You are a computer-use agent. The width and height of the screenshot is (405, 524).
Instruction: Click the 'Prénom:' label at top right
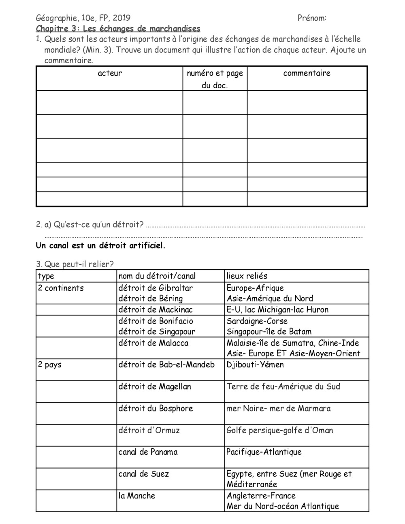tap(312, 18)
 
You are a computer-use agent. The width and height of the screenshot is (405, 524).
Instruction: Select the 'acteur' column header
tap(110, 73)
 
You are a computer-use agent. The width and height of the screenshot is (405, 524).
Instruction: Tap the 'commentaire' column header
tap(307, 73)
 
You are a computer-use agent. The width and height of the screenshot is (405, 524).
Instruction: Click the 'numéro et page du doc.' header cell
tap(215, 79)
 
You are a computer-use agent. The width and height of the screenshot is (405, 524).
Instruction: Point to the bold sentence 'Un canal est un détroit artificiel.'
tap(101, 246)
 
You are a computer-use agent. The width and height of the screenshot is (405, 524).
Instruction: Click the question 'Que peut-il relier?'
tap(79, 264)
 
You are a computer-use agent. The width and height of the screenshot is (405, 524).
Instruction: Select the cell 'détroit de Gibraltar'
tap(156, 288)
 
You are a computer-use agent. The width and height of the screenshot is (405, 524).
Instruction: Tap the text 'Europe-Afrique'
tap(255, 288)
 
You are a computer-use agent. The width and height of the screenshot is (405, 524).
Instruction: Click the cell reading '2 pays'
tap(50, 364)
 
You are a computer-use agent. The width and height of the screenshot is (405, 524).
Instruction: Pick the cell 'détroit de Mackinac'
tap(156, 310)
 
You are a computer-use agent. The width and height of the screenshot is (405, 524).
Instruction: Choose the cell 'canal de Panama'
tap(148, 452)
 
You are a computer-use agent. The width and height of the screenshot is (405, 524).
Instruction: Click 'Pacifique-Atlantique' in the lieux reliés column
tap(264, 452)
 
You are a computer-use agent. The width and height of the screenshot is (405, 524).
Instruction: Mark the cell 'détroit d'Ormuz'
tap(149, 430)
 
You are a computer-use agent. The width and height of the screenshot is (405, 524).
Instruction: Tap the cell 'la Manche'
tap(137, 496)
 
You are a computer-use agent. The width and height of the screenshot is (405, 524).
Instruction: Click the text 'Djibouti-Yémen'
tap(255, 364)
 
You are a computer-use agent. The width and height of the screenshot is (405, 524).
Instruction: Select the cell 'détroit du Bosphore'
tap(156, 408)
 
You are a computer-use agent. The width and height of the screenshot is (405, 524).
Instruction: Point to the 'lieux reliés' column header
tap(247, 276)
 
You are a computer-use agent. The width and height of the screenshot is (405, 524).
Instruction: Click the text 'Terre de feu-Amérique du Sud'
tap(283, 386)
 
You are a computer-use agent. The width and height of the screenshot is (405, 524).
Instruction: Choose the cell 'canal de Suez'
tap(144, 474)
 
